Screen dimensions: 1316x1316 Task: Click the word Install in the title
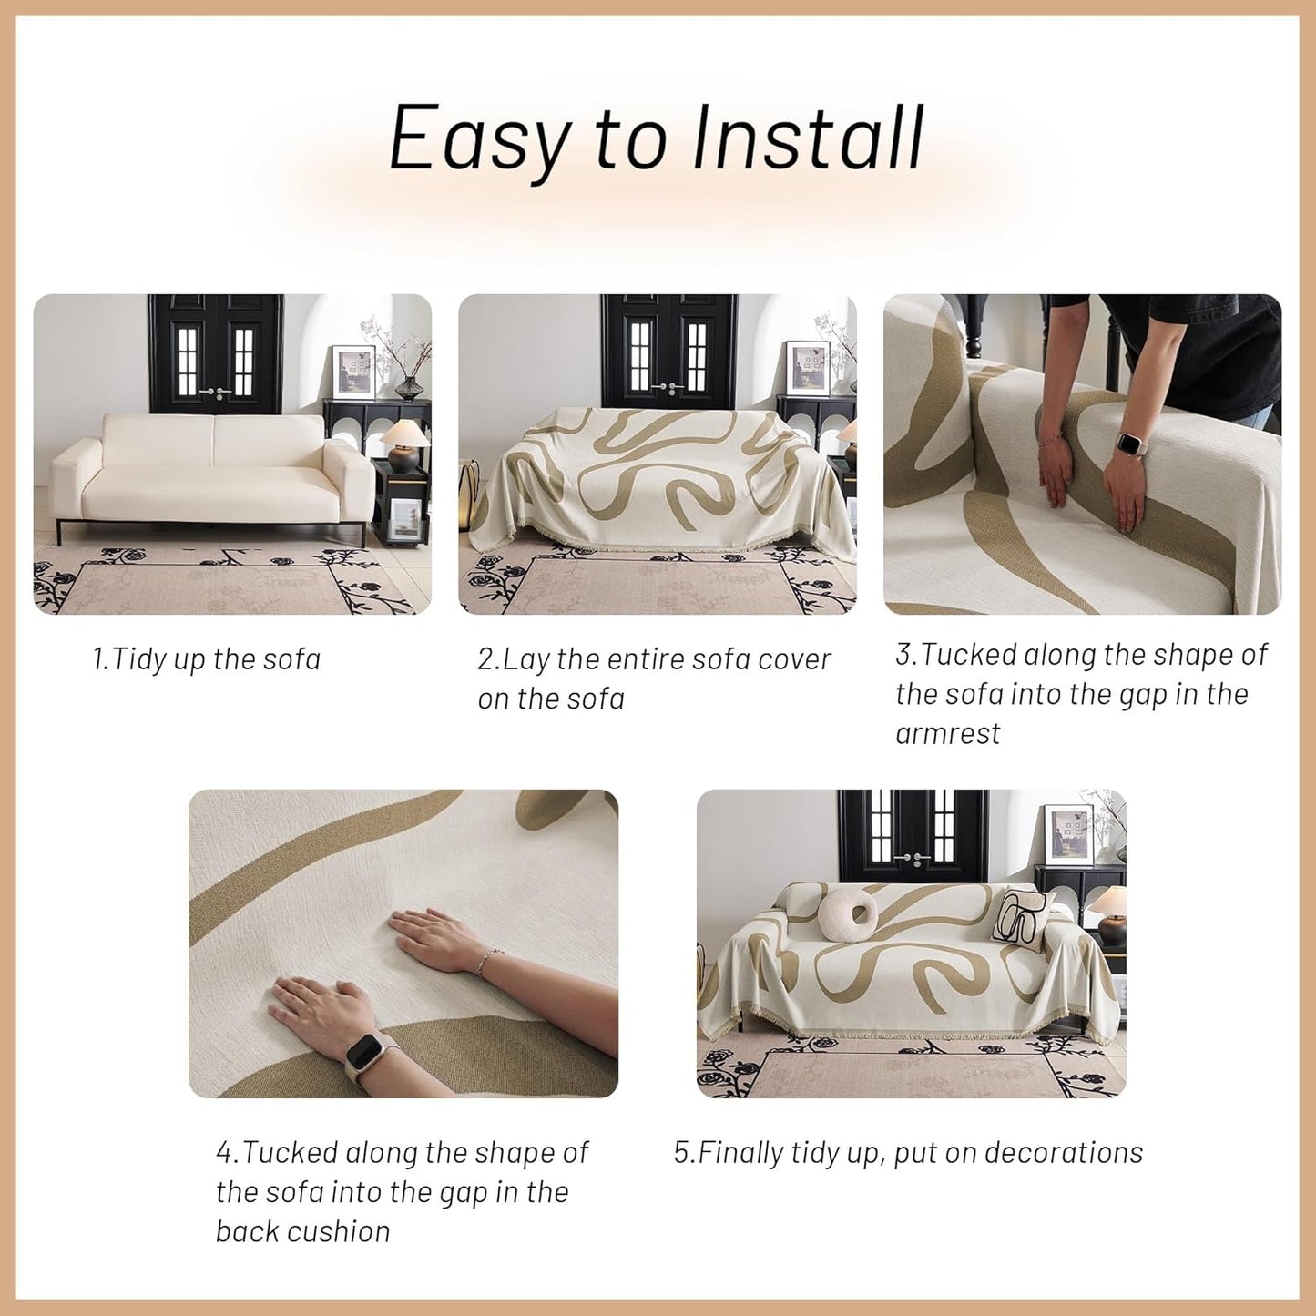point(809,138)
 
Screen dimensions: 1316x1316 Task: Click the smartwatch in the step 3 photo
point(1130,447)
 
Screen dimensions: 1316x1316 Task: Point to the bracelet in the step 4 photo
point(490,959)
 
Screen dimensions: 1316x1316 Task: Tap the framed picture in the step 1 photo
point(353,372)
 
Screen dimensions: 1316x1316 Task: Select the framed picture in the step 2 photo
point(807,367)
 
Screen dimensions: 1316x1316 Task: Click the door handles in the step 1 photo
point(215,392)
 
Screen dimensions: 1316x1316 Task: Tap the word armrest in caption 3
point(947,734)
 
